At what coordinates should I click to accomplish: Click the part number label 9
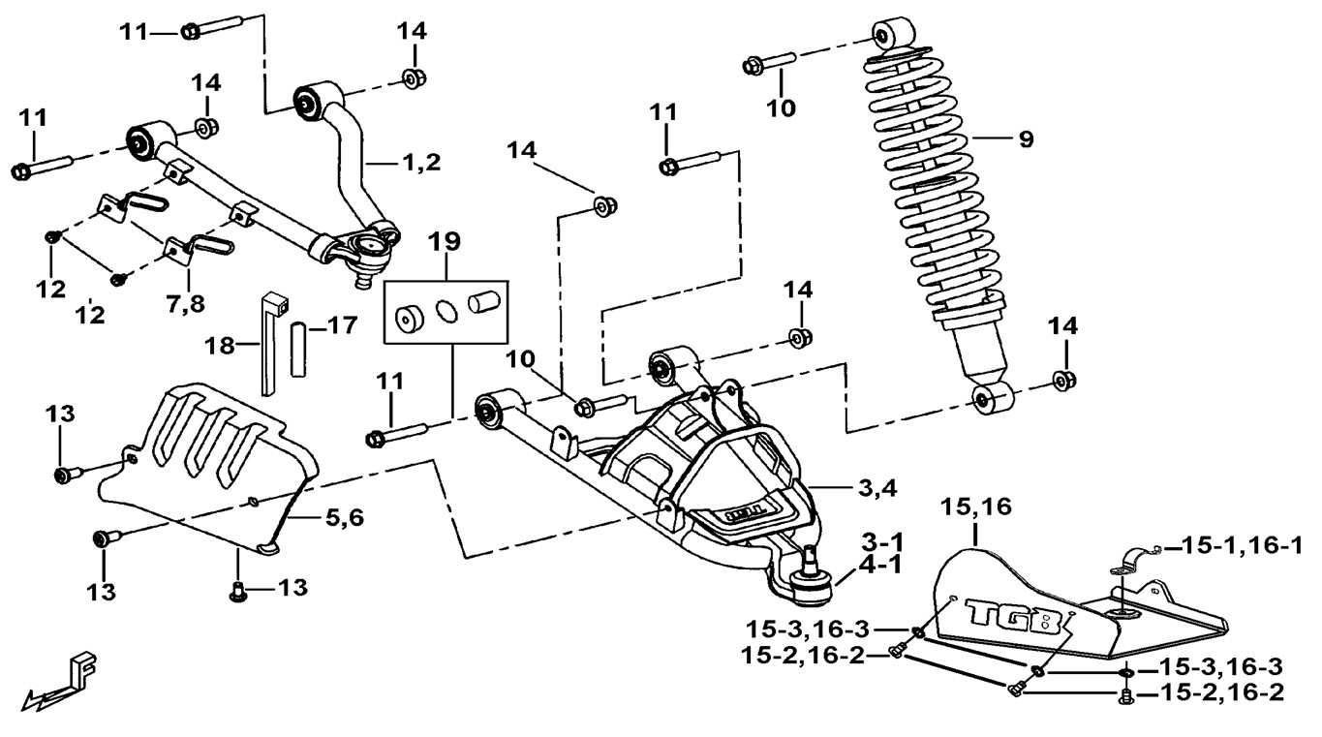coord(1025,139)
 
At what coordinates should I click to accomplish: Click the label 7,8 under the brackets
coord(184,305)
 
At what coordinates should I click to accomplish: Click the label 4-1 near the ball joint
coord(876,565)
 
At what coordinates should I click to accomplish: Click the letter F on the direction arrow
coord(83,667)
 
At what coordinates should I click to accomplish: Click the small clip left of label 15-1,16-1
coord(1134,559)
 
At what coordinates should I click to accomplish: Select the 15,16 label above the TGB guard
coord(974,506)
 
